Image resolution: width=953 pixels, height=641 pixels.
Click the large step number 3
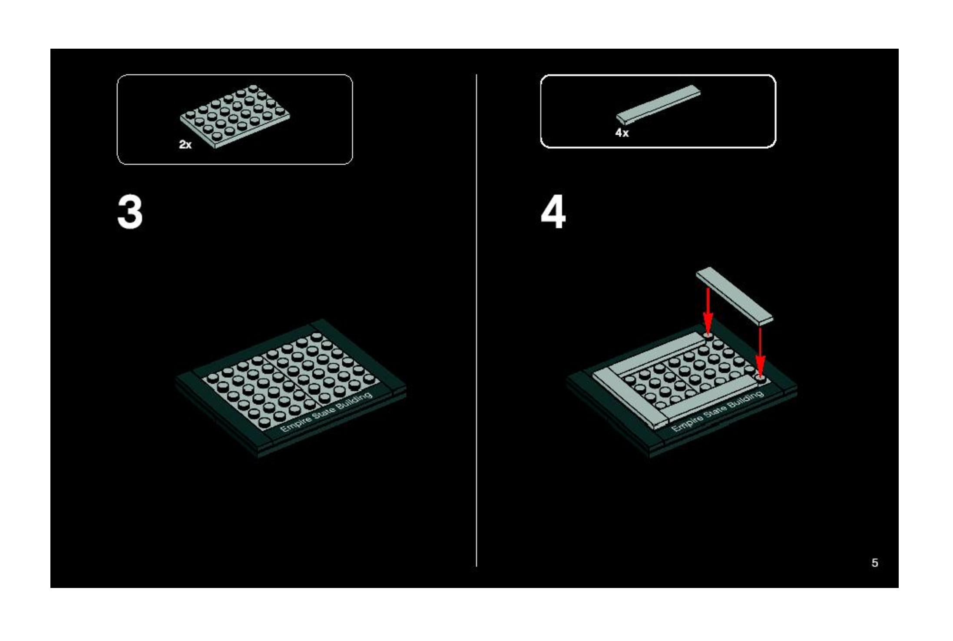click(130, 212)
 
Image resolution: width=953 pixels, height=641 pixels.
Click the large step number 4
click(553, 212)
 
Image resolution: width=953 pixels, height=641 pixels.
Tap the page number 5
click(875, 563)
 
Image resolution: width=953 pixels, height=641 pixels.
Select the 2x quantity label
click(185, 144)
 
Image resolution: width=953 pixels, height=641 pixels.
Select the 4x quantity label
click(622, 133)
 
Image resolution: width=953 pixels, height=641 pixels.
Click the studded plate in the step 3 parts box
click(235, 116)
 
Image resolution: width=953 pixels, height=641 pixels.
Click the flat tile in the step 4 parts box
click(658, 105)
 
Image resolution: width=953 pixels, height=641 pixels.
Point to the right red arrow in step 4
click(760, 353)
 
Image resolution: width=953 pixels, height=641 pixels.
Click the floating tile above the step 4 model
click(735, 296)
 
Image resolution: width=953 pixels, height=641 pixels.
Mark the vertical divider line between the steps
click(476, 320)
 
